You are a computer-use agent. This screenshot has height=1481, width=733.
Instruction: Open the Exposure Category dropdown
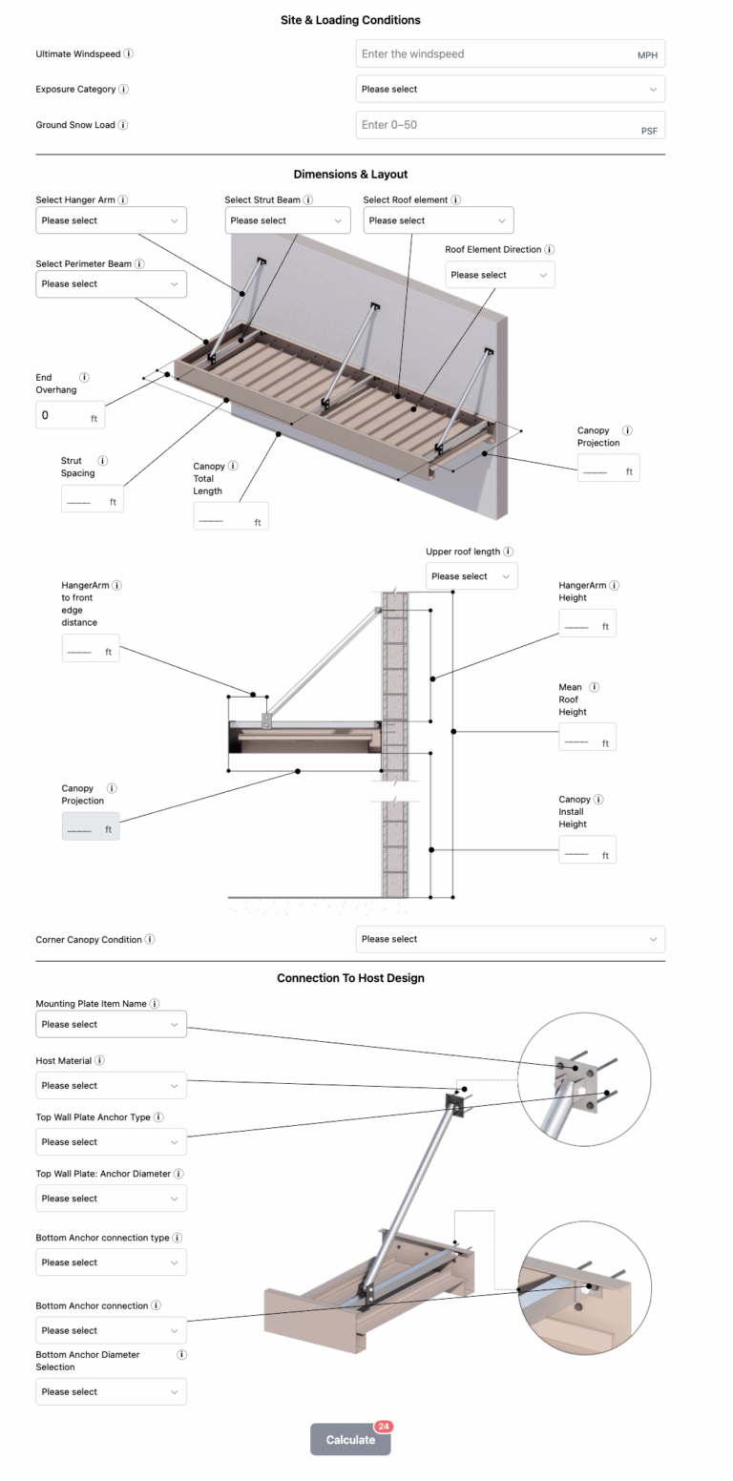(510, 89)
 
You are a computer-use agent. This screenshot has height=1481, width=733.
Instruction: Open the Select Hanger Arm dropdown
(111, 220)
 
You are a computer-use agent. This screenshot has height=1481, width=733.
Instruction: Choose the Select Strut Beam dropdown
(287, 220)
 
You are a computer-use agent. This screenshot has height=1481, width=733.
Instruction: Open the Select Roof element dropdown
(438, 220)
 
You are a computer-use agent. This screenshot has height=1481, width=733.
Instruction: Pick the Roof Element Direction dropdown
(499, 275)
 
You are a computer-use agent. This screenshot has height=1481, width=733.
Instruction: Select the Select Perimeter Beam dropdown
(111, 283)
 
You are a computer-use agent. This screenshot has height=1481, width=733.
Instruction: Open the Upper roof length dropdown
(471, 576)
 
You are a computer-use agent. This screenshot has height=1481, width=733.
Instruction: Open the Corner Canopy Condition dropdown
(510, 939)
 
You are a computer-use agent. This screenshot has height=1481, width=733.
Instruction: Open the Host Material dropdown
(111, 1086)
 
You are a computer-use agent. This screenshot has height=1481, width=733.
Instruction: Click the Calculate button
(350, 1440)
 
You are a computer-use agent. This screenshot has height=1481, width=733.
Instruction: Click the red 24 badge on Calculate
(384, 1427)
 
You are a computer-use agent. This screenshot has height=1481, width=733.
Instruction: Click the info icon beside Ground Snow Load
(123, 125)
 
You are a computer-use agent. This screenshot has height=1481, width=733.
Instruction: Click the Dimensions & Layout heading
(350, 174)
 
